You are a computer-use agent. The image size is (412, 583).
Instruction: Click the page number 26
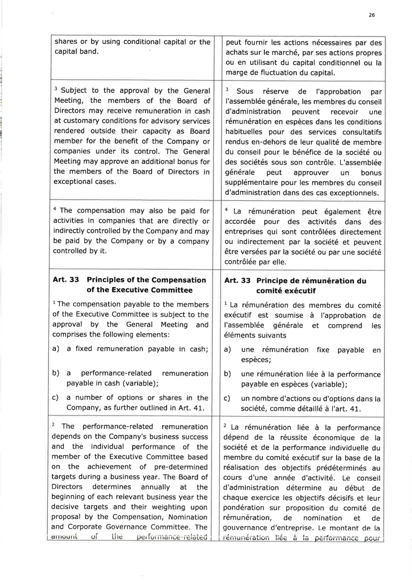click(x=372, y=15)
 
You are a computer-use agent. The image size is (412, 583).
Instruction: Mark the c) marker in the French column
click(x=227, y=399)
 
